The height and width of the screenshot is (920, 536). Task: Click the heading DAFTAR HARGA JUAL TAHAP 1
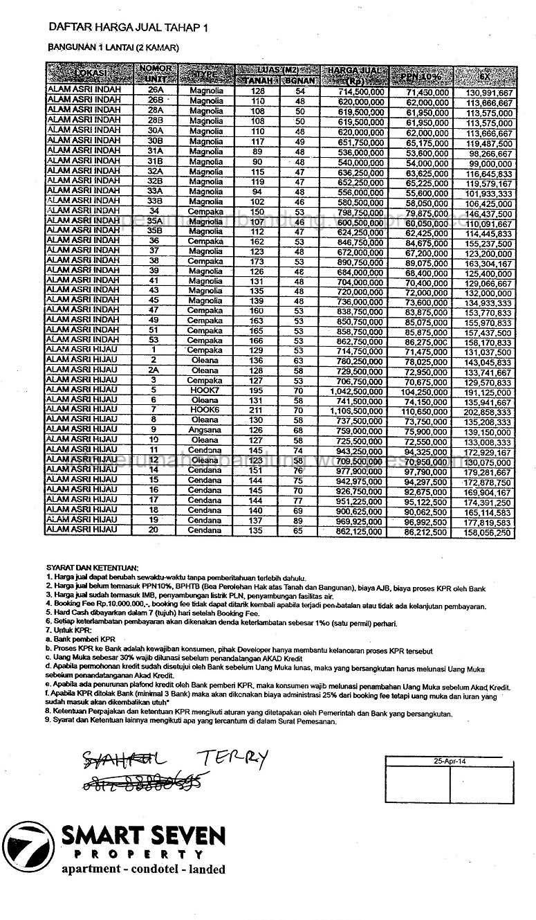pos(127,27)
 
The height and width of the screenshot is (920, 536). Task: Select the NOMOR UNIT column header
pos(156,73)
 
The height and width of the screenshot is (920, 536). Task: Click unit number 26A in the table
pos(156,91)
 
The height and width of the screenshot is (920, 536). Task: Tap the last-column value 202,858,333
pos(488,411)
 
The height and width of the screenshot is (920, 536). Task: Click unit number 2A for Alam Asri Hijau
pos(154,370)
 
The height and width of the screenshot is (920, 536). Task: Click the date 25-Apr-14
pos(450,759)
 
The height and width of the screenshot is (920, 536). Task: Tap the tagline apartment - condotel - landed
pos(143,869)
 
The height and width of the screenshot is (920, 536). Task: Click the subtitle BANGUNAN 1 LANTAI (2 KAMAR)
pos(113,48)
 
